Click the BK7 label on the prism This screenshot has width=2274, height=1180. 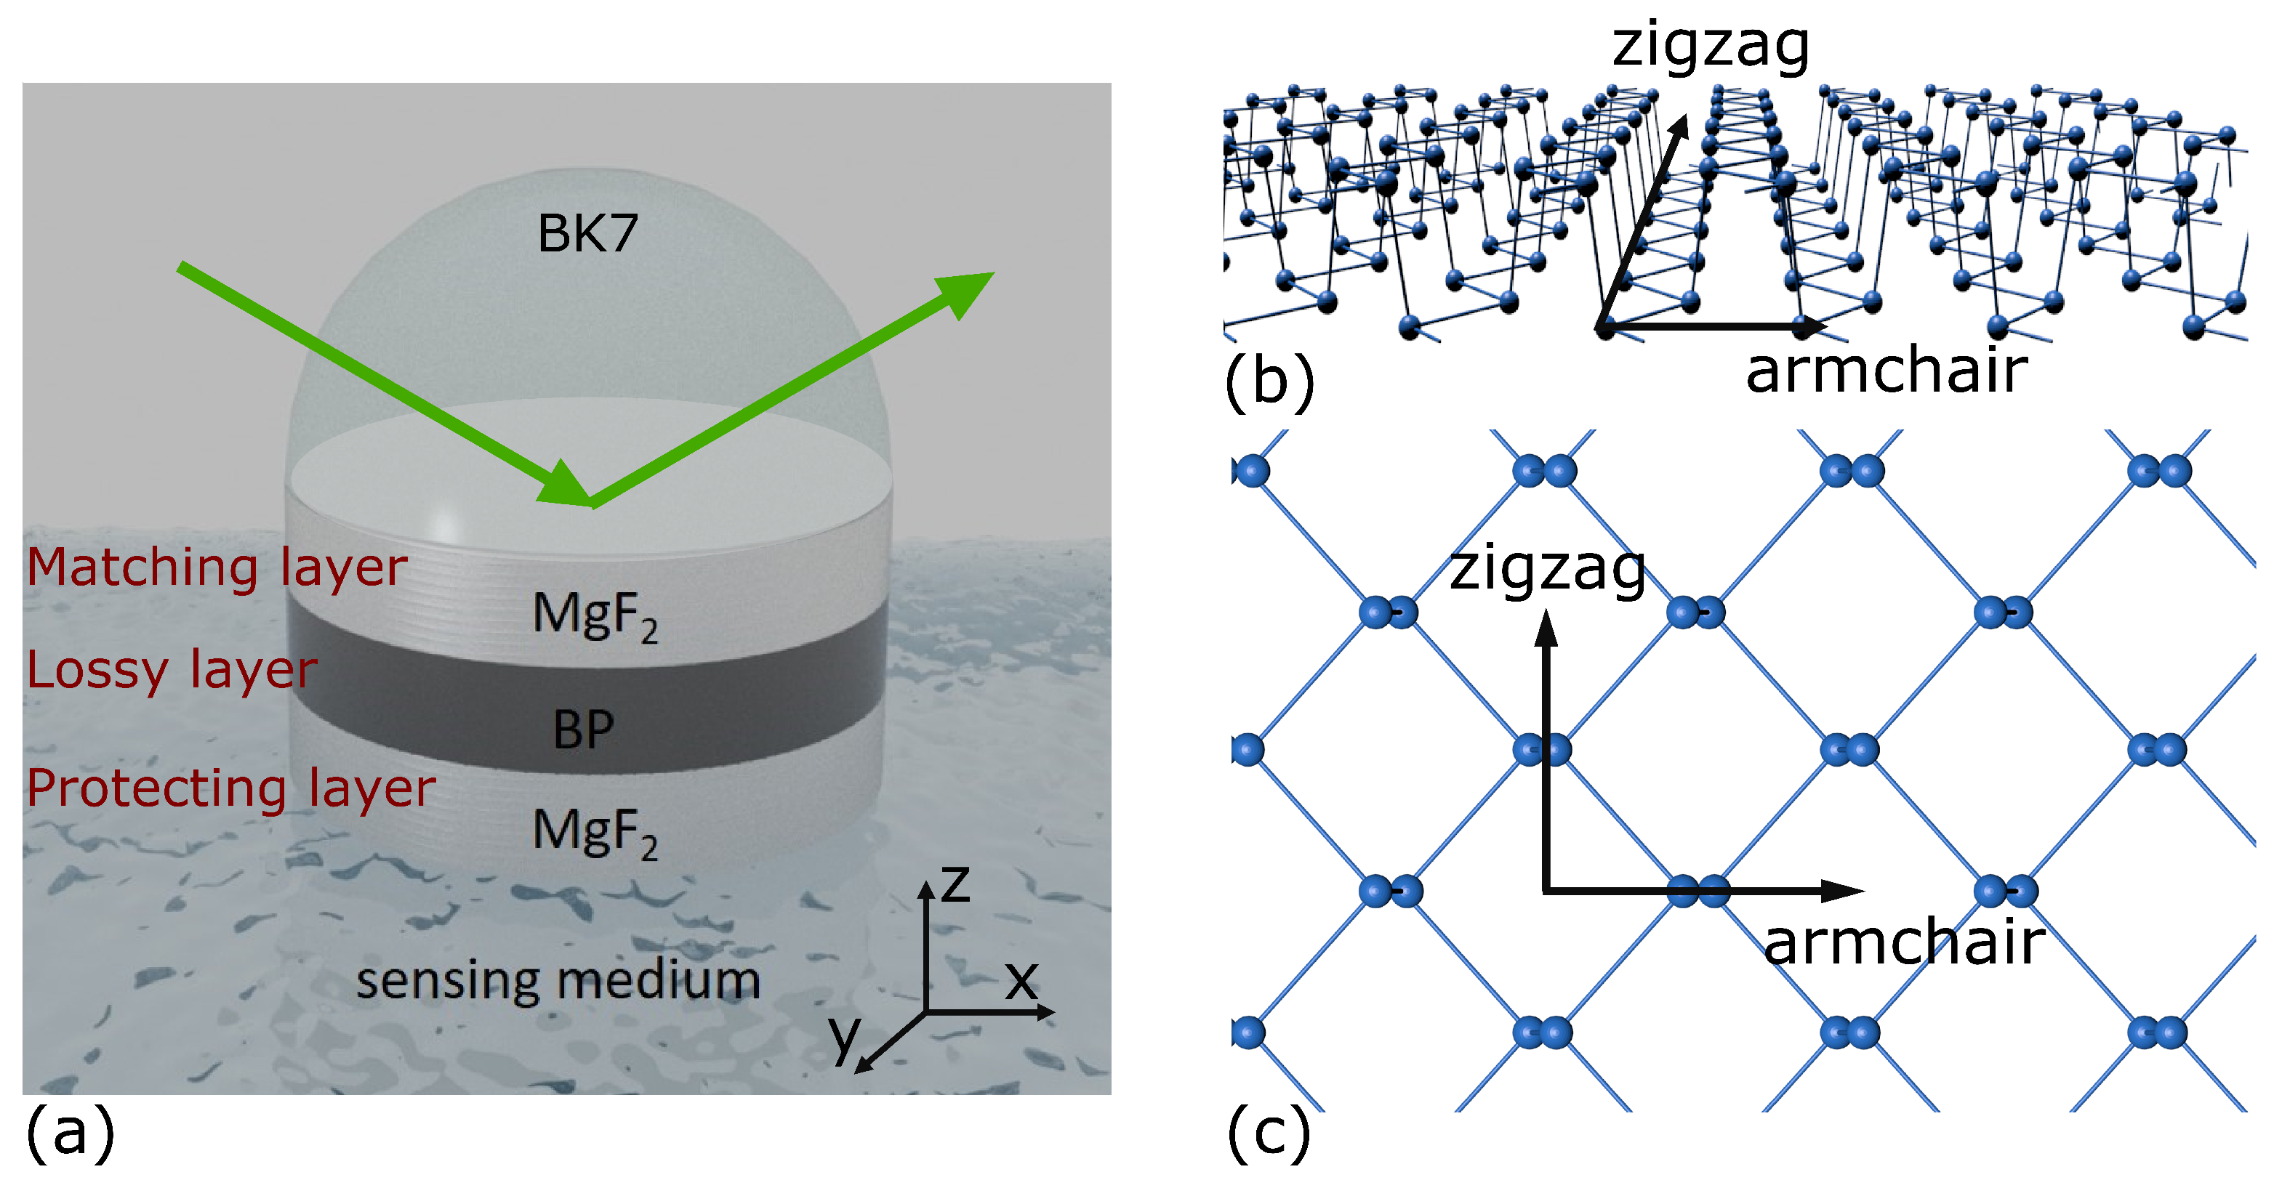coord(587,234)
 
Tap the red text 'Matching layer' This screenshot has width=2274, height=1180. coord(217,567)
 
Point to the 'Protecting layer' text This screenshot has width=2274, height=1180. coord(230,788)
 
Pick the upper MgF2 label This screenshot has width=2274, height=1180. coord(595,615)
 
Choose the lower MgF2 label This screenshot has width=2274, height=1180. coord(595,832)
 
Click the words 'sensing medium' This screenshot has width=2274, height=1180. coord(558,980)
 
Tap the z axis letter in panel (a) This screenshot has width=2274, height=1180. coord(955,884)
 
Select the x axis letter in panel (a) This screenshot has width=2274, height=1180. coord(1022,980)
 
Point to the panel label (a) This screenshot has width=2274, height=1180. coord(71,1132)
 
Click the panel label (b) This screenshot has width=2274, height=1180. coord(1269,381)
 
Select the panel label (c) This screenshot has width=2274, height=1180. coord(1269,1132)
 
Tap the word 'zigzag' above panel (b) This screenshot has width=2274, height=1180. coord(1710,46)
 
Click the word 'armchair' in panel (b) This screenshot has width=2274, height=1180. coord(1887,371)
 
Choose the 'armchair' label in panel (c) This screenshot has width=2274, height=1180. coord(1904,942)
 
